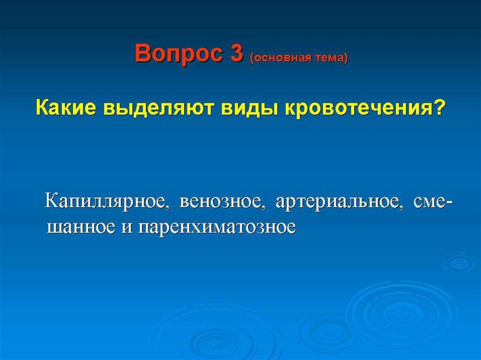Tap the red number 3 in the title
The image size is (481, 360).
click(x=236, y=53)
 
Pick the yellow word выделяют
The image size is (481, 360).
click(x=157, y=109)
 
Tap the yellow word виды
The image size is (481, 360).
click(x=248, y=109)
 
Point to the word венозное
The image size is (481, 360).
click(x=222, y=204)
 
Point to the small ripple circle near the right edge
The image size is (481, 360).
click(x=459, y=262)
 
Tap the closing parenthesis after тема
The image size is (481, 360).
click(x=346, y=58)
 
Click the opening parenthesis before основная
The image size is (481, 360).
click(x=252, y=58)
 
